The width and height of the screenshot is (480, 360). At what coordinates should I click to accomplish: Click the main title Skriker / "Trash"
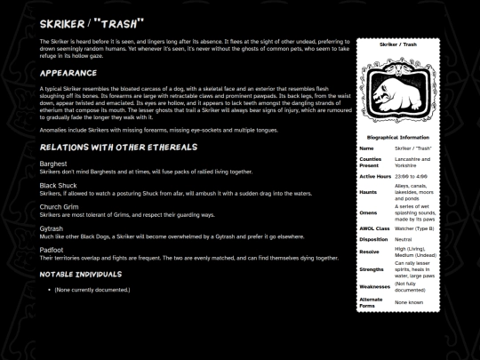(92, 21)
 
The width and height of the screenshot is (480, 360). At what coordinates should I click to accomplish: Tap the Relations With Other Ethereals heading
(111, 145)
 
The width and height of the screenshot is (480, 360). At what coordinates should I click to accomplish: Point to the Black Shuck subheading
(60, 184)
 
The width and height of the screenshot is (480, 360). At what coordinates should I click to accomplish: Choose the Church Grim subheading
(60, 206)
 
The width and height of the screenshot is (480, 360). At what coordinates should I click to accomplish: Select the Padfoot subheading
(53, 250)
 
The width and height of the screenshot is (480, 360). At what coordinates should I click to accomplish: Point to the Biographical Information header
(398, 138)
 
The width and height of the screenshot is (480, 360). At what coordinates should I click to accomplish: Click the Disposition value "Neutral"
(405, 239)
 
